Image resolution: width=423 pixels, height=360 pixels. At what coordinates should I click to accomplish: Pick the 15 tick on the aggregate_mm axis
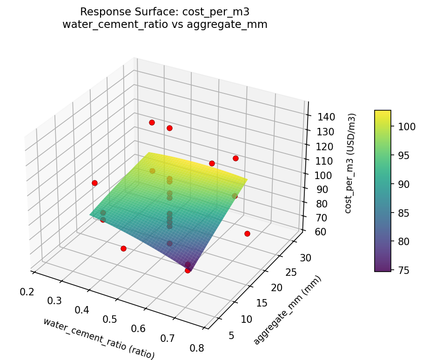(x=262, y=303)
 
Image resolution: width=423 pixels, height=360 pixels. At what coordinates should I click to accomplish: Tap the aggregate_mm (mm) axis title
(x=287, y=310)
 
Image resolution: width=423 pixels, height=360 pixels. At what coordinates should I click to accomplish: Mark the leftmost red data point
(x=94, y=183)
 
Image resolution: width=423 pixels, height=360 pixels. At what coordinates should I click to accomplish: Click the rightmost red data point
(x=247, y=233)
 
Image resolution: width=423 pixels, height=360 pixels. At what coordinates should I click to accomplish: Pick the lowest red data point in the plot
(x=188, y=270)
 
